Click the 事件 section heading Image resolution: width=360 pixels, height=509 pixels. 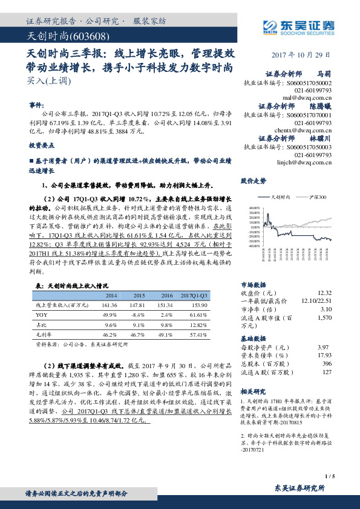click(x=37, y=104)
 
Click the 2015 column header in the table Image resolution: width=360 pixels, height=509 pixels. click(x=139, y=295)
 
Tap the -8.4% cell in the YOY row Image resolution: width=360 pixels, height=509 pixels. click(x=139, y=315)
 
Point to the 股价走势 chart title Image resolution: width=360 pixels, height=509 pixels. click(x=253, y=181)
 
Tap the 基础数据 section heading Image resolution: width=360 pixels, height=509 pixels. click(x=253, y=339)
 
